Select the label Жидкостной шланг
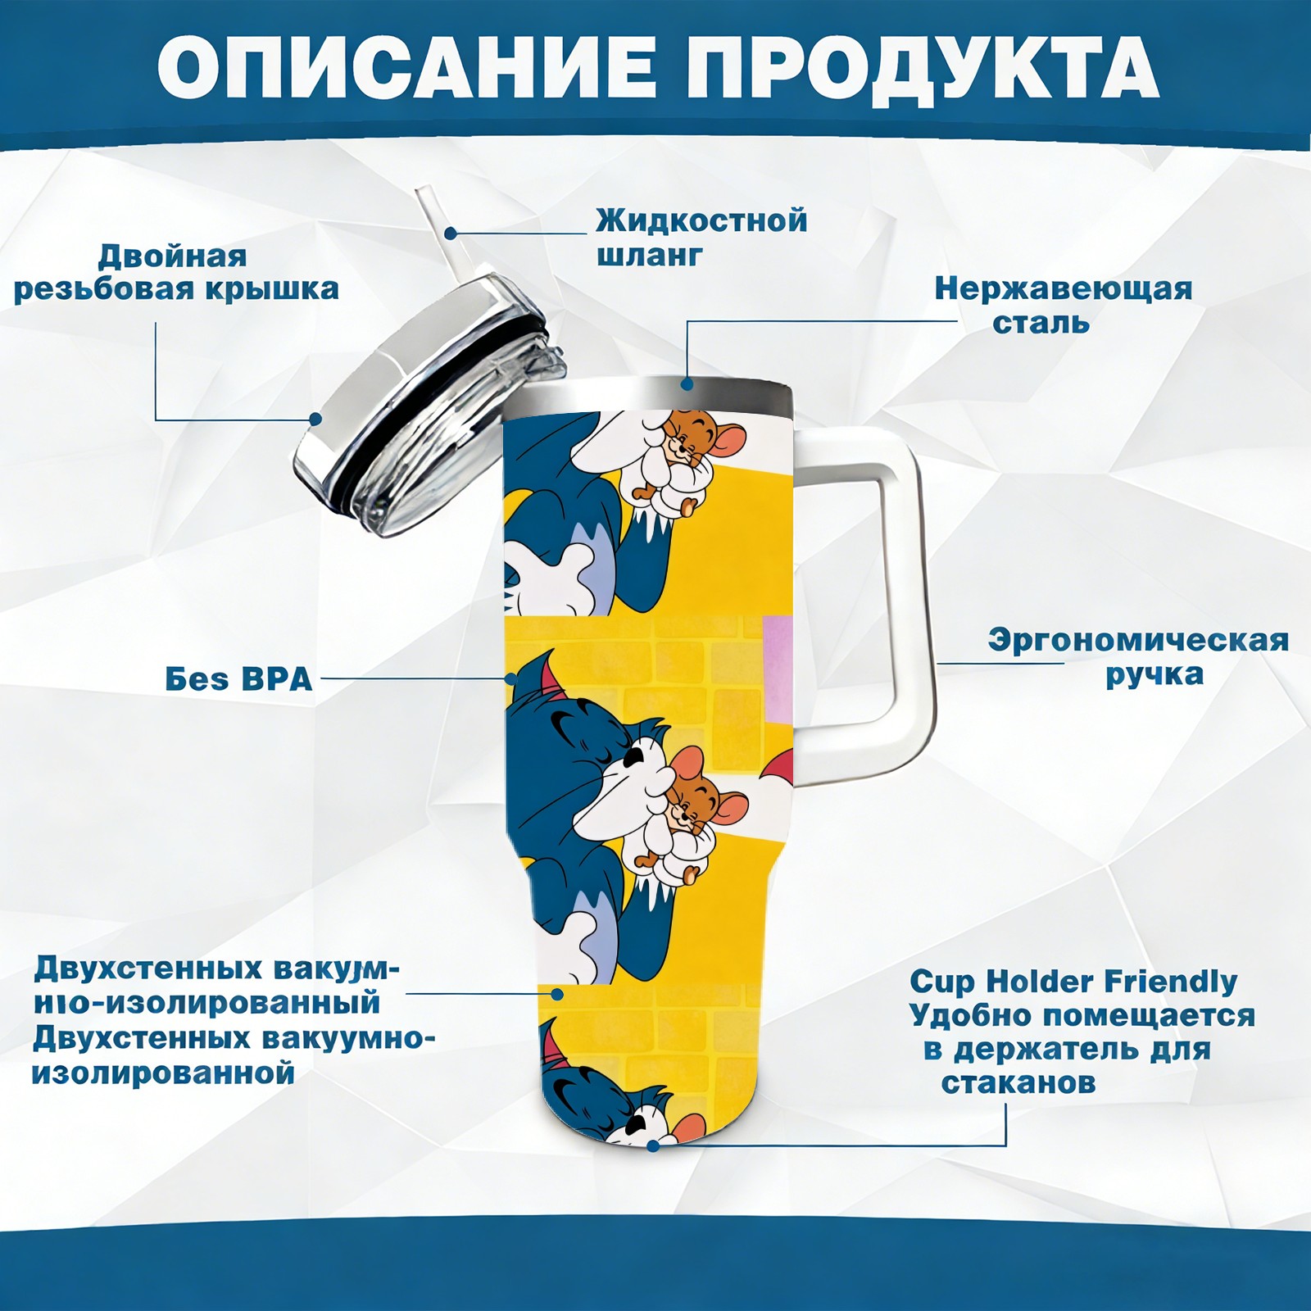tap(701, 238)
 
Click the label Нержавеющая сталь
tap(1064, 305)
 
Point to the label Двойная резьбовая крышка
tap(176, 272)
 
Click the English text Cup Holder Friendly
tap(1073, 981)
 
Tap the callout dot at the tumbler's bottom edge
tap(653, 1145)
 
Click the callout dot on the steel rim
tap(687, 383)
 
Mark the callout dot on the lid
tap(315, 420)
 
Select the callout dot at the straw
tap(450, 233)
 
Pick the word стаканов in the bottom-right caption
tap(1018, 1083)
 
